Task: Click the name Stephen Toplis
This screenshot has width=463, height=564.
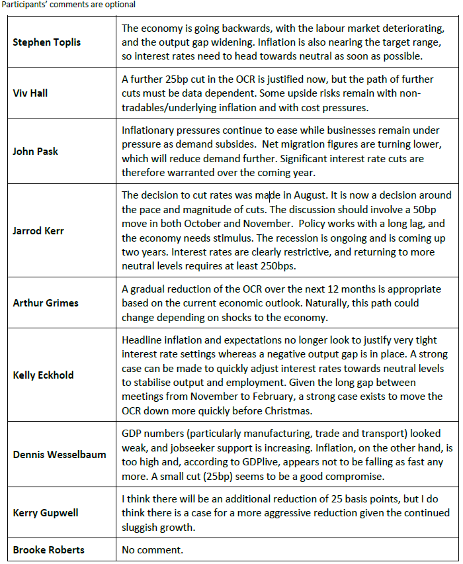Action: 46,42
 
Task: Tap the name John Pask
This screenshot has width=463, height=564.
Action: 35,151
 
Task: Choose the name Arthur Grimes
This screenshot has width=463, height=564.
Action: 46,303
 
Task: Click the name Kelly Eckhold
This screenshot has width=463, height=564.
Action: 43,375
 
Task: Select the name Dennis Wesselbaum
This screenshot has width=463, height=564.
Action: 60,455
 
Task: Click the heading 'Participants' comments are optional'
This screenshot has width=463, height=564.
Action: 68,5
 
